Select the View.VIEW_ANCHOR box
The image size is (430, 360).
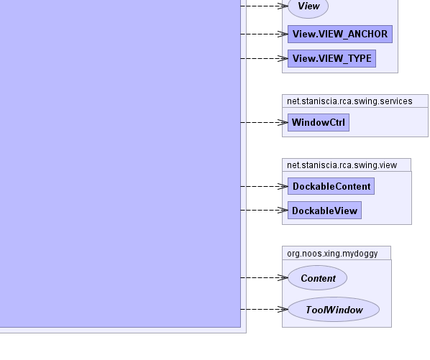pyautogui.click(x=340, y=34)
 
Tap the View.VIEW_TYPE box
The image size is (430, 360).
pyautogui.click(x=331, y=59)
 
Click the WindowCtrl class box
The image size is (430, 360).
pyautogui.click(x=319, y=122)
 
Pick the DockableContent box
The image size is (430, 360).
pyautogui.click(x=331, y=186)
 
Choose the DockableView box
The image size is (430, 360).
pyautogui.click(x=325, y=211)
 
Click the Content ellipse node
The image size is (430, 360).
pyautogui.click(x=318, y=278)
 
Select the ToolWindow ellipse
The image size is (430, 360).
pyautogui.click(x=334, y=310)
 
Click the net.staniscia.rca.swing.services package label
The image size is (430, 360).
pyautogui.click(x=349, y=101)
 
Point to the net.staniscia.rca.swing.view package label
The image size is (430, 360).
pyautogui.click(x=342, y=165)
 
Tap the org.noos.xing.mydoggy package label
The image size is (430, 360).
pyautogui.click(x=332, y=254)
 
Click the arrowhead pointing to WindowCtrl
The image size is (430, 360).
pyautogui.click(x=283, y=122)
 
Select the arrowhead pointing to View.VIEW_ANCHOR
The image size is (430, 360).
pyautogui.click(x=283, y=34)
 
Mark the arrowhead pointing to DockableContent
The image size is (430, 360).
pyautogui.click(x=283, y=186)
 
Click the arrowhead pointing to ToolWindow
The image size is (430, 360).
pyautogui.click(x=283, y=309)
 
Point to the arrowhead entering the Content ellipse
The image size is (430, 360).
pyautogui.click(x=283, y=278)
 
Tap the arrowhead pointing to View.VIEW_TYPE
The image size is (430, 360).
pyautogui.click(x=283, y=59)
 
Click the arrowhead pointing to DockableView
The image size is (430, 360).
pyautogui.click(x=283, y=210)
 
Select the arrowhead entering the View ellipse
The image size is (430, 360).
pyautogui.click(x=283, y=6)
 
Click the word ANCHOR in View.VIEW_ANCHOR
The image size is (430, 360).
pyautogui.click(x=367, y=34)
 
